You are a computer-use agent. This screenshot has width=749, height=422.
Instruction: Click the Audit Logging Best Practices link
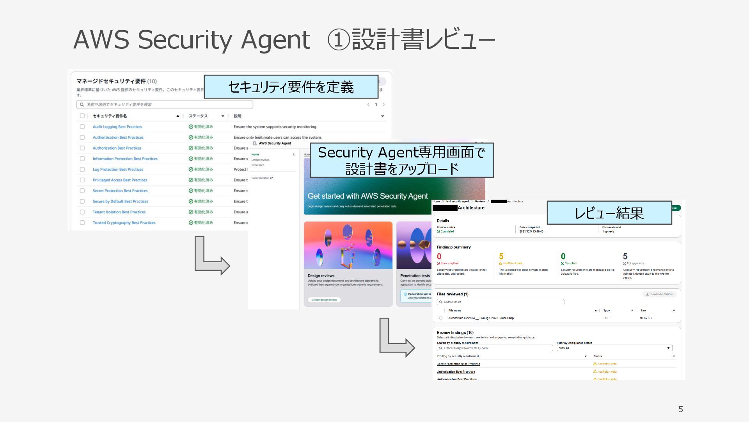(x=117, y=127)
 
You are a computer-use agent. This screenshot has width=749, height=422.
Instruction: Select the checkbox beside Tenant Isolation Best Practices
(x=82, y=212)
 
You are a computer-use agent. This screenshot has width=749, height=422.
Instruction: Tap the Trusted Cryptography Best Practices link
(x=124, y=223)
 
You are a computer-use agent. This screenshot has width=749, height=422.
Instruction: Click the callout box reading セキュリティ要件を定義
(x=291, y=87)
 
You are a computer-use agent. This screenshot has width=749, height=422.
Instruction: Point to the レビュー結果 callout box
(x=609, y=213)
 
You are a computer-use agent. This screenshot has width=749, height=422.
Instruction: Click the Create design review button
(x=324, y=300)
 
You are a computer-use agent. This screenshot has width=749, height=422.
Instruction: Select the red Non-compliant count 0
(x=439, y=256)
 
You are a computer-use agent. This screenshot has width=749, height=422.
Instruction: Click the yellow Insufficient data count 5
(x=501, y=256)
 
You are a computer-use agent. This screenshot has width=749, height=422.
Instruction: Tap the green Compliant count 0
(x=563, y=256)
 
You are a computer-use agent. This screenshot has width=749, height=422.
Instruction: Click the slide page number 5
(x=680, y=409)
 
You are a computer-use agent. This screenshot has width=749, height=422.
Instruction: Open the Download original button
(x=659, y=294)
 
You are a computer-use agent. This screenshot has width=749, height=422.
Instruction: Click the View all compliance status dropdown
(x=614, y=348)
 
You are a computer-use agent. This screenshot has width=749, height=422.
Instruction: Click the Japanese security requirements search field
(x=165, y=104)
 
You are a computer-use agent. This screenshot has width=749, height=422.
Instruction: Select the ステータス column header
(x=198, y=116)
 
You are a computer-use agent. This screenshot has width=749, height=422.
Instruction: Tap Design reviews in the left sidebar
(x=260, y=160)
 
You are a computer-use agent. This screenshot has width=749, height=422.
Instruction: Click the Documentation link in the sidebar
(x=262, y=178)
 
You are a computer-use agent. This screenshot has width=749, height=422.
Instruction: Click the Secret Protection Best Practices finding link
(x=458, y=364)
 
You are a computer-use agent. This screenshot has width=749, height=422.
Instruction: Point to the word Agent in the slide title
(x=275, y=40)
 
